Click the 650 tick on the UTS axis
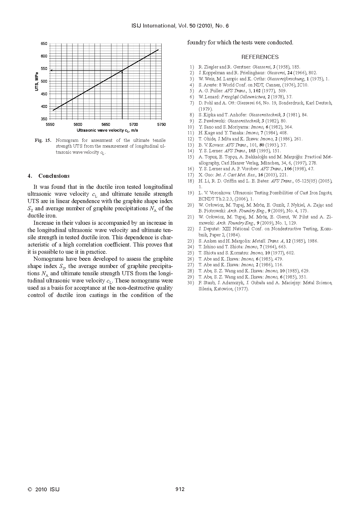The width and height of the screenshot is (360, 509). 44,44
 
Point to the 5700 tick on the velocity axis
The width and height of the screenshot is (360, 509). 133,124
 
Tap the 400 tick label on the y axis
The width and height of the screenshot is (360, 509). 44,106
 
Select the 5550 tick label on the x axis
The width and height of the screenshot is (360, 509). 50,124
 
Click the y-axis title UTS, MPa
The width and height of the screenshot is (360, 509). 37,81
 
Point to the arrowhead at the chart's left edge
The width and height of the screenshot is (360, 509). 51,70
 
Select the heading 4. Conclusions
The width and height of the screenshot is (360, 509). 48,176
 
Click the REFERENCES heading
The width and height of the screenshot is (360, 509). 260,57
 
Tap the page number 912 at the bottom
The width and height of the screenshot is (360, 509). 180,489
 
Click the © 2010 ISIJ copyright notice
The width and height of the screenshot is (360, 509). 44,489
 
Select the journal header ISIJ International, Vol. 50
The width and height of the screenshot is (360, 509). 180,26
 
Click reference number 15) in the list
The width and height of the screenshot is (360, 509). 191,157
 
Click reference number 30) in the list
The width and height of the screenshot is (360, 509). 191,283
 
